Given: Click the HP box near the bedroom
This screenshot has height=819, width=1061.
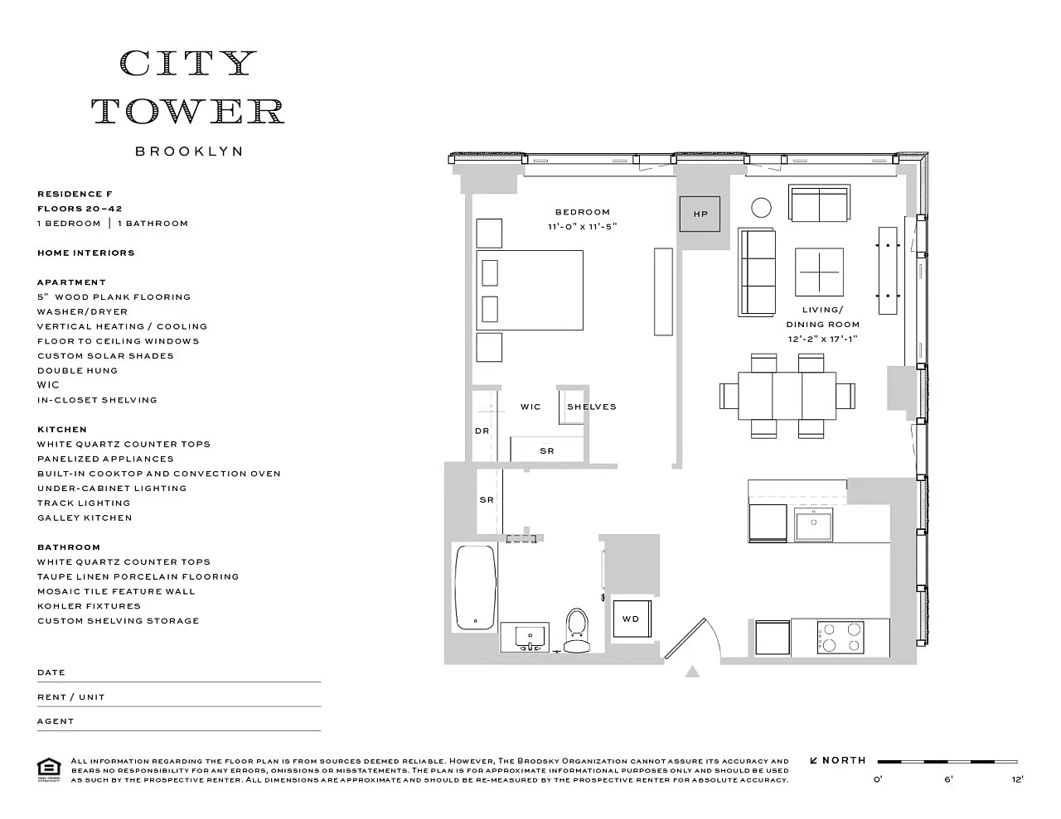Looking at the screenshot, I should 700,214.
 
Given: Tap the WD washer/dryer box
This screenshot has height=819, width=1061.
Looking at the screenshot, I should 631,619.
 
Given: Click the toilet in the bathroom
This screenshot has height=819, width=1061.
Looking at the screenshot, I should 576,630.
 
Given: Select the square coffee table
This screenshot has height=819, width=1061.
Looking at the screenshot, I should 820,272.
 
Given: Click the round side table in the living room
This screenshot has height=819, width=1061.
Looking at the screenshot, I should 761,207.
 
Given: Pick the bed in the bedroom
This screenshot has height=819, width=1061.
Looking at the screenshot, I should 529,290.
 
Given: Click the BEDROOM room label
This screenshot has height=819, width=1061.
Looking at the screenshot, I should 582,212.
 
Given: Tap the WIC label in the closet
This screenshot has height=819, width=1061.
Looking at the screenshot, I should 530,407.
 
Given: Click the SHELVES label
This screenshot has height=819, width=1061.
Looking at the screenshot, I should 592,407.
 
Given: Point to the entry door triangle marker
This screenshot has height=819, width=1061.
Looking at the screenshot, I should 692,672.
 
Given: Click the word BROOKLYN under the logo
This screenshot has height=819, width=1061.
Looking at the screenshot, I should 189,152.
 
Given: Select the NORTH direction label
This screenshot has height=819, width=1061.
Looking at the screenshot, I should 844,760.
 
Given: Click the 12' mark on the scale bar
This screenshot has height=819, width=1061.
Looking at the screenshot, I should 1016,778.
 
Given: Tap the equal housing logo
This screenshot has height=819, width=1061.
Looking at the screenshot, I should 49,769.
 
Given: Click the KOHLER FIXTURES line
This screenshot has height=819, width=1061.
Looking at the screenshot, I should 89,606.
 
